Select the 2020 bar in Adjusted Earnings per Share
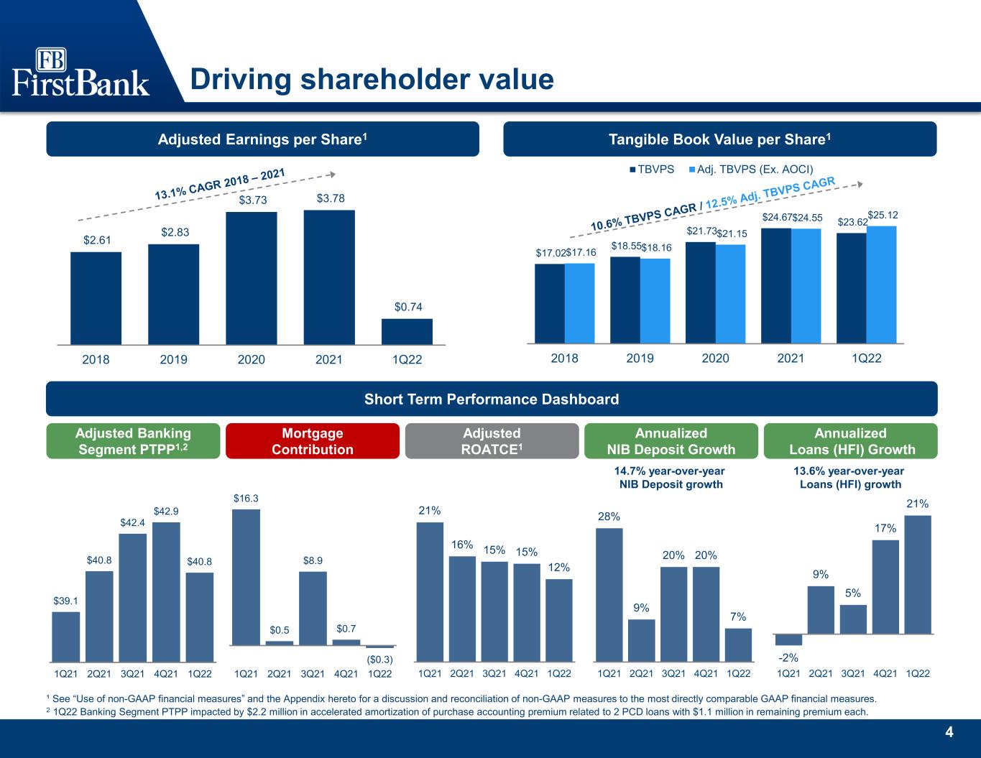click(x=252, y=278)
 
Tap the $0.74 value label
click(x=408, y=307)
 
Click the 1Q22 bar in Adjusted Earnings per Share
click(x=407, y=332)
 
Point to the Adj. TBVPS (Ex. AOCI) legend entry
click(x=751, y=170)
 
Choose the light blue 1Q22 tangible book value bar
click(x=881, y=285)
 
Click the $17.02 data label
click(x=551, y=253)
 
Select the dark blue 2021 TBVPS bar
click(x=776, y=286)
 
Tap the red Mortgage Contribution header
click(x=313, y=441)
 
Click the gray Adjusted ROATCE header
click(x=492, y=441)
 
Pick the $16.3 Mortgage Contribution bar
click(x=246, y=578)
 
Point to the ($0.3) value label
click(x=379, y=660)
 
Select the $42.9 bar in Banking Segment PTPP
click(x=166, y=592)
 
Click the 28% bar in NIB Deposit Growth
click(x=609, y=595)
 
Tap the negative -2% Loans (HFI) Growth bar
click(x=788, y=639)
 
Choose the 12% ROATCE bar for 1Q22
click(x=559, y=620)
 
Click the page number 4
click(x=949, y=732)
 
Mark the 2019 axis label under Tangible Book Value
click(x=640, y=359)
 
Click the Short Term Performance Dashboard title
click(x=492, y=399)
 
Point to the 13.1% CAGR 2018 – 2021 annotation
click(x=220, y=184)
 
